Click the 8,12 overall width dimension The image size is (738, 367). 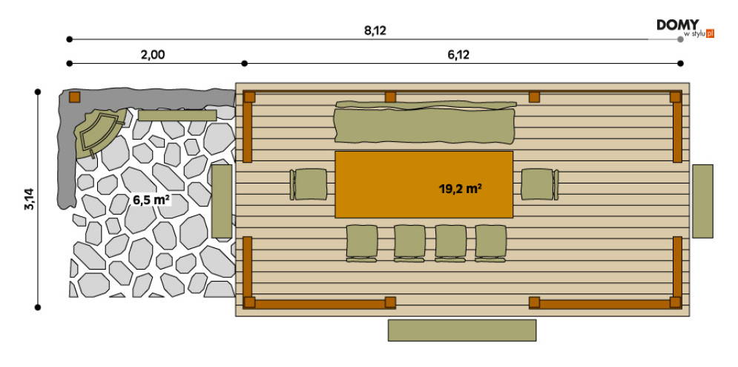[375, 30]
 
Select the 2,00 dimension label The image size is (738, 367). [152, 53]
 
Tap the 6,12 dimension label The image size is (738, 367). [458, 53]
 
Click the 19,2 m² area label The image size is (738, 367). [460, 189]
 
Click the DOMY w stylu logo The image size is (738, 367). [684, 28]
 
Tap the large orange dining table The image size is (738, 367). [424, 184]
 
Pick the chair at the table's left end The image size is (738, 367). [309, 184]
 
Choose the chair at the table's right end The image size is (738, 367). [539, 184]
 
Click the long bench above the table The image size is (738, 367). [424, 123]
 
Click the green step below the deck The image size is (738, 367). [461, 330]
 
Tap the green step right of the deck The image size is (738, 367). [702, 201]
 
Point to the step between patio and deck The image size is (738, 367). [222, 201]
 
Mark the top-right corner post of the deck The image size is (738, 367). [675, 97]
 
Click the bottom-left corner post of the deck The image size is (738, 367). [249, 302]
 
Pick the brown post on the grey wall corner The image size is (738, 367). [74, 97]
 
